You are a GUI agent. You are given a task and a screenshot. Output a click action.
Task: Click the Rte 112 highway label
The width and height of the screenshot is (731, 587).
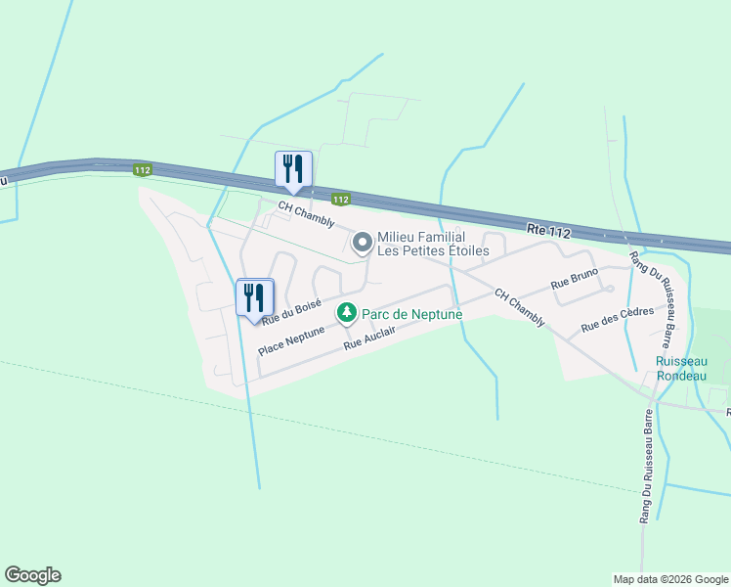(x=547, y=230)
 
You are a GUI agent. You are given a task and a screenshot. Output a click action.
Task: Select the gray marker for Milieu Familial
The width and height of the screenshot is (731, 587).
(x=362, y=242)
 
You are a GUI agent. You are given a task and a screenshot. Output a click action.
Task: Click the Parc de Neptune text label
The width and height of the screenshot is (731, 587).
(x=411, y=314)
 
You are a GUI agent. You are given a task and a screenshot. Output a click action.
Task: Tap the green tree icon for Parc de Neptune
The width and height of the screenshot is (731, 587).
(x=346, y=314)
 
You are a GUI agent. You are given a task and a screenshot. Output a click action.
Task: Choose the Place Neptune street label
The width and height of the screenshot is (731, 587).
(x=291, y=336)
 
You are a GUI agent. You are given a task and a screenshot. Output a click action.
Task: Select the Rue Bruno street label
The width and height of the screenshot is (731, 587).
(x=574, y=282)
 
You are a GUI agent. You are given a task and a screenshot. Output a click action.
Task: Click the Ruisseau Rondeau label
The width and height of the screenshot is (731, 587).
(x=681, y=368)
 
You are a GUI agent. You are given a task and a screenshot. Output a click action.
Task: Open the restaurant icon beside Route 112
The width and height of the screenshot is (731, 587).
(x=293, y=170)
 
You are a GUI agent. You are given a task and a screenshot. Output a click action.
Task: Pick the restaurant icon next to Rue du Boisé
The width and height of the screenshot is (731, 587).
(x=255, y=297)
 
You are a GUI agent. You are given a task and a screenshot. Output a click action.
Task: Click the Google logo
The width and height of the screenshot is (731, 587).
(x=32, y=575)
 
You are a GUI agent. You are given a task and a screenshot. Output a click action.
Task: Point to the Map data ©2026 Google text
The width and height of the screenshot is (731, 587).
(x=669, y=579)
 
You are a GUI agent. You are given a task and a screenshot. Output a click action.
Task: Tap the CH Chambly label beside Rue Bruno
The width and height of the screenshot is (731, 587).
(x=519, y=307)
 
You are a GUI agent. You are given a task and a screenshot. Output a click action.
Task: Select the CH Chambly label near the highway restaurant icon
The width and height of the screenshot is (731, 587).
(x=306, y=210)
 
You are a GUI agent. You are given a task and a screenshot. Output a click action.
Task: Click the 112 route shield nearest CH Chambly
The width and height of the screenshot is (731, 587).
(x=339, y=200)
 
